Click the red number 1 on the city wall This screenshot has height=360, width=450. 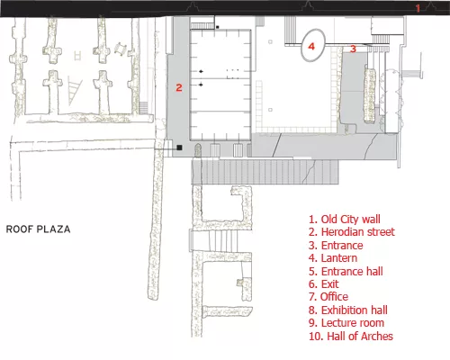(418, 8)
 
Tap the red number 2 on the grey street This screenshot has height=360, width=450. (179, 87)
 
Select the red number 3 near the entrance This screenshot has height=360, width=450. (353, 49)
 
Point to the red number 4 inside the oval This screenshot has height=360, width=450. (311, 47)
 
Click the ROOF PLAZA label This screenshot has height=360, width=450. (39, 229)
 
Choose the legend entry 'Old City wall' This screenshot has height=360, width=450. (345, 220)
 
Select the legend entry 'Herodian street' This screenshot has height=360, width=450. (352, 232)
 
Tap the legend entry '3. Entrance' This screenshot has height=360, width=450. (336, 246)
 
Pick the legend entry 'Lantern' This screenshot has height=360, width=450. (333, 258)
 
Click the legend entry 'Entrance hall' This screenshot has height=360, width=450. (346, 272)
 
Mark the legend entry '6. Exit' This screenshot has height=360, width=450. (324, 284)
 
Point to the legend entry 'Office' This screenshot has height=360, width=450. (328, 297)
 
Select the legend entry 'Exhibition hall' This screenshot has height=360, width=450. (348, 310)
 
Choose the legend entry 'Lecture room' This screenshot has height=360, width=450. (346, 323)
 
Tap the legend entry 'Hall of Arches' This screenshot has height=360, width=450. (351, 336)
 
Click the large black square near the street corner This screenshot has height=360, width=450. (179, 148)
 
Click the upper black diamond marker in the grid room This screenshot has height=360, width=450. (201, 71)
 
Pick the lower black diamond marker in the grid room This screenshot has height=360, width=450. (201, 85)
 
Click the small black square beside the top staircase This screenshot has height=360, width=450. (218, 27)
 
